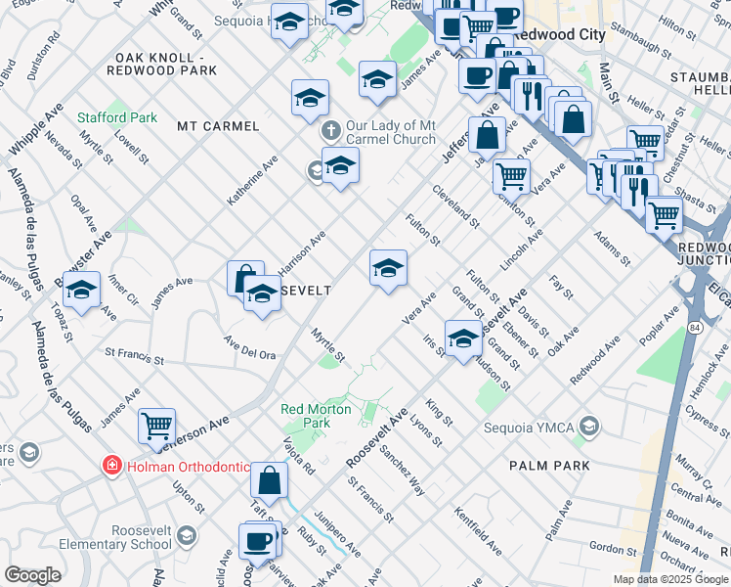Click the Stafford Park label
point(117,118)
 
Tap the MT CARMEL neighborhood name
point(218,126)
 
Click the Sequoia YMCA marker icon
point(588,427)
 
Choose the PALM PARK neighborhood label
point(549,466)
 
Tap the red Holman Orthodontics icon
point(114,466)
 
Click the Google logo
point(32,575)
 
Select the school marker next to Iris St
point(463,339)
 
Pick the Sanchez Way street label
point(403,473)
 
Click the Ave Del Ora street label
point(249,347)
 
